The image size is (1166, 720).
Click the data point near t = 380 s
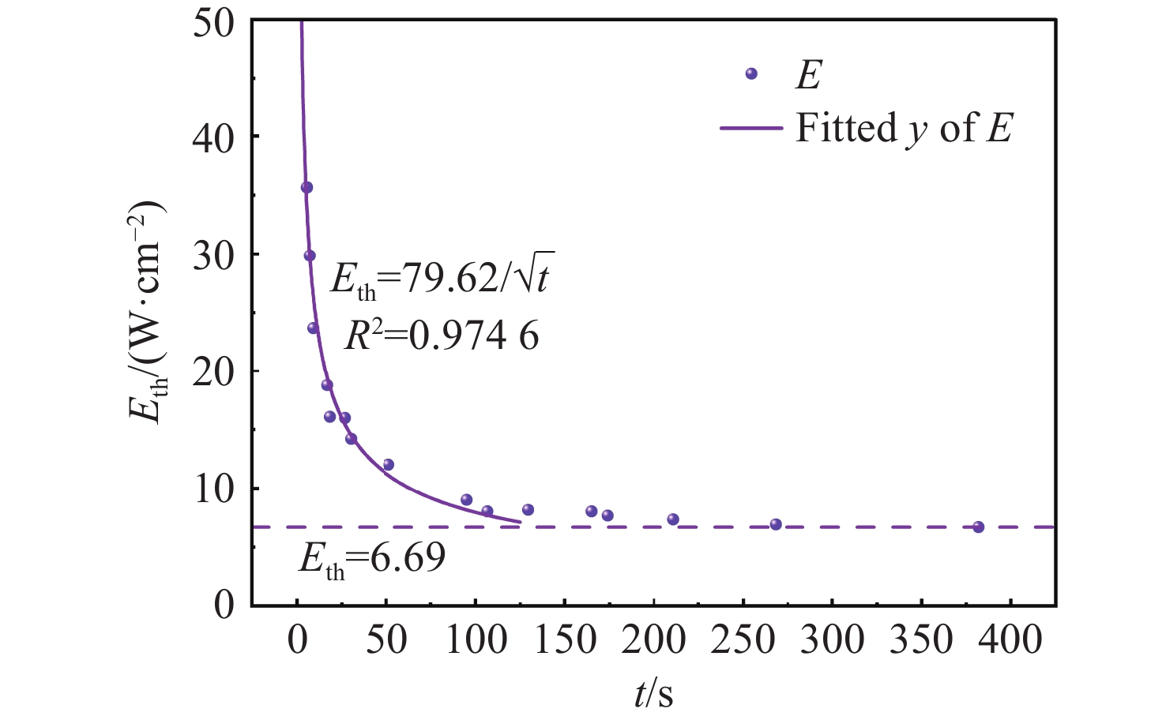(978, 527)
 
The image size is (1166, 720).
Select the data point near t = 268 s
(776, 524)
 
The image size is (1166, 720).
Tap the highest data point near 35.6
(307, 187)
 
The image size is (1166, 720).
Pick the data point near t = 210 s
(673, 519)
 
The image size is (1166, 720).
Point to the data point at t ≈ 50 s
(388, 464)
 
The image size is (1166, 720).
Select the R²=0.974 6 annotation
(442, 336)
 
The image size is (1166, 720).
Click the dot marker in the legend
(751, 73)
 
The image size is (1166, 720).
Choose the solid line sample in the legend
(750, 128)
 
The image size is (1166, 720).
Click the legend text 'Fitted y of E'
(904, 128)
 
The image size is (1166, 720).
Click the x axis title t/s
(654, 694)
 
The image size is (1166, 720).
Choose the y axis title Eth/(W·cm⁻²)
(149, 313)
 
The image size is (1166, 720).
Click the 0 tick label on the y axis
(224, 606)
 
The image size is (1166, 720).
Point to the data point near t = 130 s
(528, 510)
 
